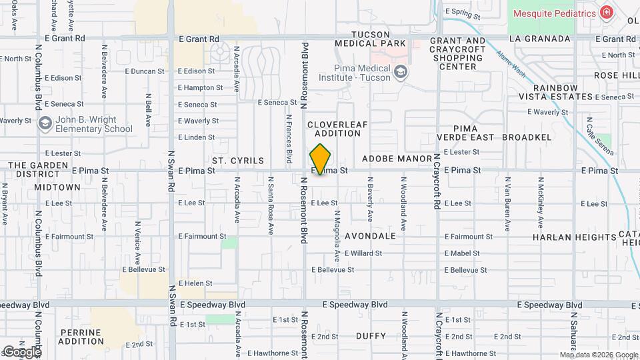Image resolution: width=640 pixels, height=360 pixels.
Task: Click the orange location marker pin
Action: click(x=321, y=159)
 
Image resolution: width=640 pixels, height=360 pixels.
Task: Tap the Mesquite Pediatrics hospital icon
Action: click(x=606, y=12)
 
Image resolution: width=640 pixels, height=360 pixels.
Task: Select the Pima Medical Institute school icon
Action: click(x=400, y=73)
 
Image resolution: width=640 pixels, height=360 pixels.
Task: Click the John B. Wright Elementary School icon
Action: click(x=45, y=123)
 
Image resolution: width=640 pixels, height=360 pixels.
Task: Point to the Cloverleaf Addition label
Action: click(x=337, y=129)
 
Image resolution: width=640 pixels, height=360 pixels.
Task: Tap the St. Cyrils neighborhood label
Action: click(x=238, y=161)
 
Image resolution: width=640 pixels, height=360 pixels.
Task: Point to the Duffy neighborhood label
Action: click(x=371, y=335)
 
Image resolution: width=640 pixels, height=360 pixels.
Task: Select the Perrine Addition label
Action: click(x=81, y=337)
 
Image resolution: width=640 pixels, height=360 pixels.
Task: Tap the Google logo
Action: click(x=21, y=351)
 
